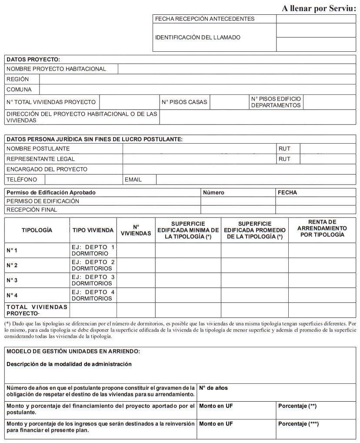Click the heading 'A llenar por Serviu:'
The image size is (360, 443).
pyautogui.click(x=319, y=9)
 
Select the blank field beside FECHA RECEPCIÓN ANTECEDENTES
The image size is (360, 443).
pyautogui.click(x=316, y=19)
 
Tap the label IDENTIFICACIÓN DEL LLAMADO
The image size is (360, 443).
pyautogui.click(x=198, y=37)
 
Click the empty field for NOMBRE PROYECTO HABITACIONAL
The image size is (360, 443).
pyautogui.click(x=237, y=69)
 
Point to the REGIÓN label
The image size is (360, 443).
pyautogui.click(x=18, y=79)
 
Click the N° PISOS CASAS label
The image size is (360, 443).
pyautogui.click(x=184, y=102)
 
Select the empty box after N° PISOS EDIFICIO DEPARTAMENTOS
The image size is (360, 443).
pyautogui.click(x=329, y=102)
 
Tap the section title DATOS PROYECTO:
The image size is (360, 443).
pyautogui.click(x=33, y=59)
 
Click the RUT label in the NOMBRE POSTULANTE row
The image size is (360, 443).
pyautogui.click(x=284, y=149)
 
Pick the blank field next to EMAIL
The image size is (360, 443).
pyautogui.click(x=256, y=180)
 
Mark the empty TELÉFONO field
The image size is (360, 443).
pyautogui.click(x=83, y=180)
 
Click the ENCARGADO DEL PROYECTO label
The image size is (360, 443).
pyautogui.click(x=47, y=169)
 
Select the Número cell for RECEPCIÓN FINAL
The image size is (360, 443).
pyautogui.click(x=238, y=210)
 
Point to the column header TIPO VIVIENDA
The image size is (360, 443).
pyautogui.click(x=93, y=230)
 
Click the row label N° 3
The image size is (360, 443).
pyautogui.click(x=12, y=280)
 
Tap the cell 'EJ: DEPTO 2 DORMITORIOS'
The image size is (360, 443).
pyautogui.click(x=93, y=265)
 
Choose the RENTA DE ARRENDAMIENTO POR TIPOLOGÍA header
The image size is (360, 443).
pyautogui.click(x=322, y=228)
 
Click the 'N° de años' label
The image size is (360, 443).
pyautogui.click(x=213, y=388)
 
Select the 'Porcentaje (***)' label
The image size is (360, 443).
pyautogui.click(x=299, y=424)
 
